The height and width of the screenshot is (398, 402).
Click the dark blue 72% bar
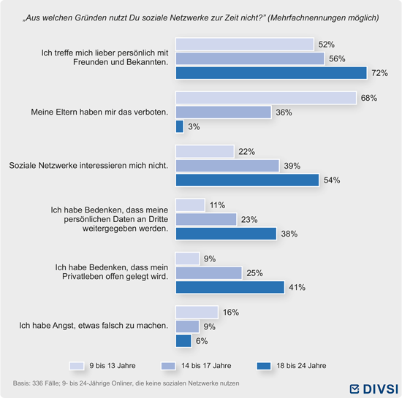tap(271, 73)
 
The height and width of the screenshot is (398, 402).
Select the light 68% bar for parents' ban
tap(266, 98)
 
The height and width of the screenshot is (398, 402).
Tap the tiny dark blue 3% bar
tap(180, 126)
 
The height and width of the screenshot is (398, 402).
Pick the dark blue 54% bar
tap(247, 180)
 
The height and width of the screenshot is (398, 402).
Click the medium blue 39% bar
tap(227, 166)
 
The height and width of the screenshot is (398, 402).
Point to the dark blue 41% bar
tap(230, 287)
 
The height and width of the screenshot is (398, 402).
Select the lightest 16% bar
tap(197, 313)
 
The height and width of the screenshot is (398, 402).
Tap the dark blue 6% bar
tap(183, 341)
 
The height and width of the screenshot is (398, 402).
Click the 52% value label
tap(327, 45)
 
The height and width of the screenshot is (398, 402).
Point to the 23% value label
tap(249, 220)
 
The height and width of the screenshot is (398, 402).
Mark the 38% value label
tap(289, 234)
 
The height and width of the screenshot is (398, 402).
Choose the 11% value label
tap(217, 205)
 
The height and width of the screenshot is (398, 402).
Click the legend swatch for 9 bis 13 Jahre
tap(77, 366)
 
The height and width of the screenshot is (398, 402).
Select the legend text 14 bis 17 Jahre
tap(206, 365)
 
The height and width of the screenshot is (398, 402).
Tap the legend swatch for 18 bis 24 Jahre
tap(264, 366)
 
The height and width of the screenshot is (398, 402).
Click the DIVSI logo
tap(373, 389)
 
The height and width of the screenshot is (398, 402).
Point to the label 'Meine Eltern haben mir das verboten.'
tap(99, 112)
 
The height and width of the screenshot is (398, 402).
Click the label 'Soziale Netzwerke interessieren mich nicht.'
tap(88, 166)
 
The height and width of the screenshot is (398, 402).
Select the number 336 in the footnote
tap(37, 383)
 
